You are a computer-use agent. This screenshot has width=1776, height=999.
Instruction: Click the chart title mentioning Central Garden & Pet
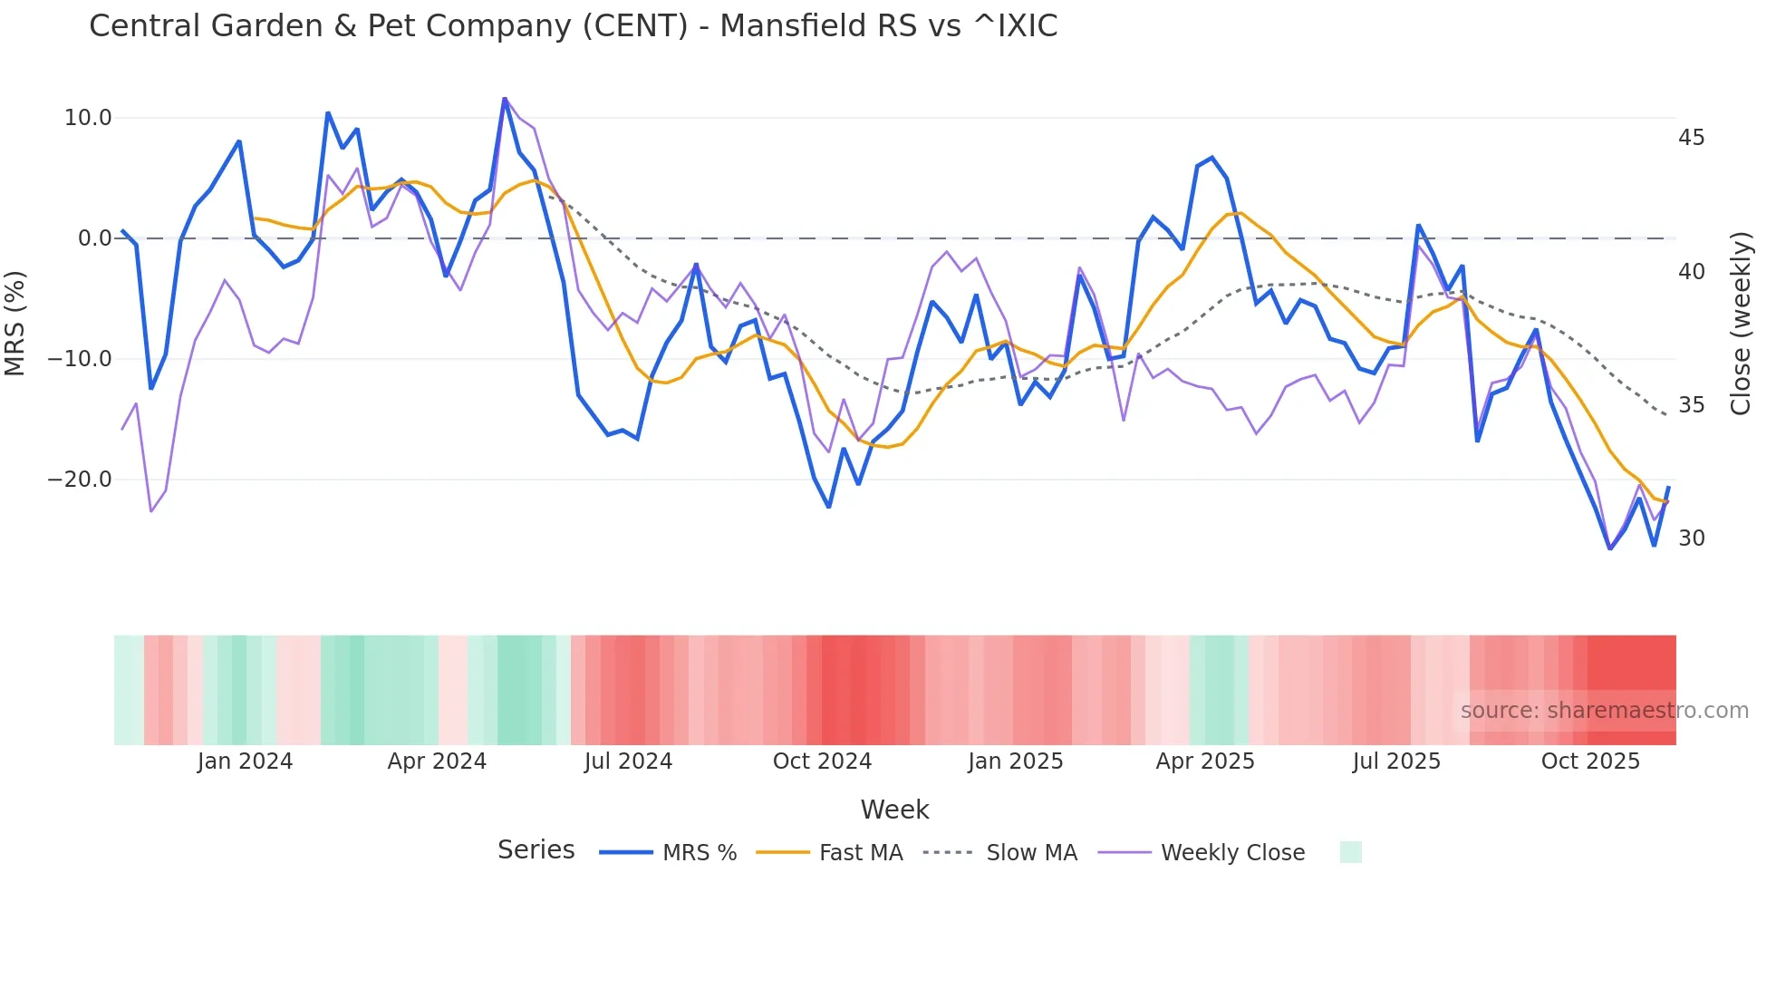(573, 26)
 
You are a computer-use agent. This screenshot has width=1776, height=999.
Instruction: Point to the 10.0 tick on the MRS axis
(88, 118)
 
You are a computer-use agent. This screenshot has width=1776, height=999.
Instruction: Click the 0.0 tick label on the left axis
(94, 238)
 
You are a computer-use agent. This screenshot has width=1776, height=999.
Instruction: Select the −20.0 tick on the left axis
(80, 480)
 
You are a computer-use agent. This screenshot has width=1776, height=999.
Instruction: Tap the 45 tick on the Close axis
(1691, 138)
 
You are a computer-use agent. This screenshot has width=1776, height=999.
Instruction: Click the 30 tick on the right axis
(1691, 538)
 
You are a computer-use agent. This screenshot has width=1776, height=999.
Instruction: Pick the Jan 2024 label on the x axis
(245, 761)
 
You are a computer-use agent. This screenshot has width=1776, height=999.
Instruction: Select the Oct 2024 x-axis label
(822, 761)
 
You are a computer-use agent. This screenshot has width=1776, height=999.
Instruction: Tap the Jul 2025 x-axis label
(1396, 761)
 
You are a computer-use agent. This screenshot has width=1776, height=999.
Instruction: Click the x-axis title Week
(894, 810)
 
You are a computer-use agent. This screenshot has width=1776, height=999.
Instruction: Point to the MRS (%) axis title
(15, 323)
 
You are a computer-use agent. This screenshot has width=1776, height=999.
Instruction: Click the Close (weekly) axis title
(1740, 323)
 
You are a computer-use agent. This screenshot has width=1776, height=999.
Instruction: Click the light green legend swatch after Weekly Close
(1350, 852)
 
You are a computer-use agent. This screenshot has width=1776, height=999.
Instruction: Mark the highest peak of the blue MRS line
(505, 99)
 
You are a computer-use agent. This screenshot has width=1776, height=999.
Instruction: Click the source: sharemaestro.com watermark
(1604, 711)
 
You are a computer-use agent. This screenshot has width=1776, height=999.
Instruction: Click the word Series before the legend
(536, 850)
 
